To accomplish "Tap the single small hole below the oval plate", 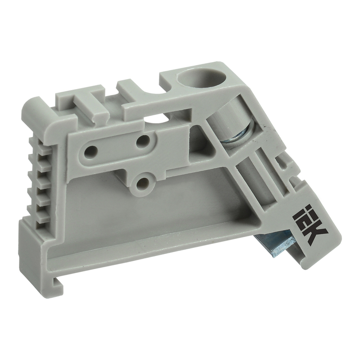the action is click(x=143, y=184).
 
